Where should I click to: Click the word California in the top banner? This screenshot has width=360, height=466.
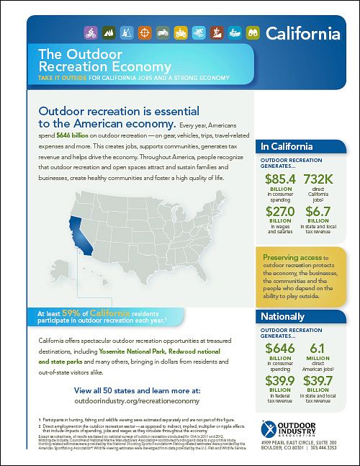click(302, 33)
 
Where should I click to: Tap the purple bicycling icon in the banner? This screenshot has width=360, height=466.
click(91, 32)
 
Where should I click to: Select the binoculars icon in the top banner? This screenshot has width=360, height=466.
click(252, 32)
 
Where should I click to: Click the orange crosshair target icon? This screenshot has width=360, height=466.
click(144, 32)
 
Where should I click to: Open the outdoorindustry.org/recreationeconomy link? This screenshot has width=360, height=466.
click(131, 398)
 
